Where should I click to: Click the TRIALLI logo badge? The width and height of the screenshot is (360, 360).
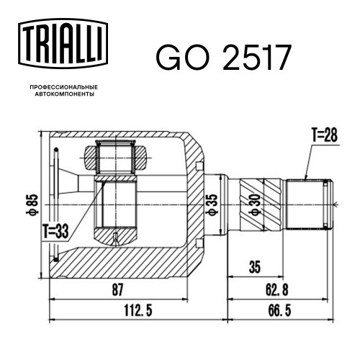point(63,44)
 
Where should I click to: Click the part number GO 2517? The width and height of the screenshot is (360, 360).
point(224,58)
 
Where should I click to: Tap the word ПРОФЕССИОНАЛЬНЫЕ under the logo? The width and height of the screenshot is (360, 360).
point(64,87)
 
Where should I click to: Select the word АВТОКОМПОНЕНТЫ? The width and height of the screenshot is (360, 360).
point(65,94)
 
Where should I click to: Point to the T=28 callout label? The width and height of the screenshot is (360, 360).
point(324,135)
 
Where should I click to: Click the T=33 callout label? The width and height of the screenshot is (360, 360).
point(56,231)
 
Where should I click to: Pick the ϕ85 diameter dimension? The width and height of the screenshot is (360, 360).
point(34,204)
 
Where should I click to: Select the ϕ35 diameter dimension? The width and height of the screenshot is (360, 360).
point(212,204)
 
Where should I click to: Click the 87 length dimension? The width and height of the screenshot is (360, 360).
point(117,289)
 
